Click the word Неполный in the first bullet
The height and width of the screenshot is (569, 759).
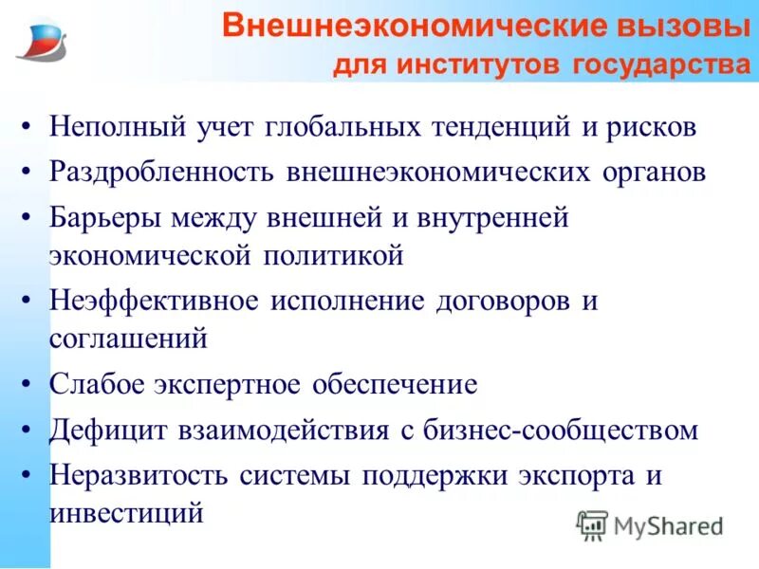[x=108, y=127]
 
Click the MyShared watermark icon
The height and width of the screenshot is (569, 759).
[x=592, y=524]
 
